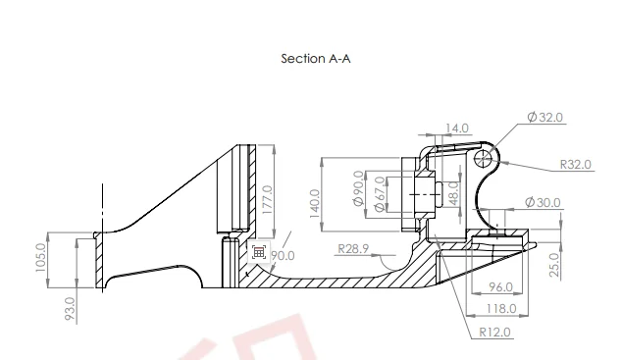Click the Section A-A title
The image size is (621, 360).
316,59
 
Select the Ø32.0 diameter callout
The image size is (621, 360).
544,118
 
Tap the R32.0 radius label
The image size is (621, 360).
576,165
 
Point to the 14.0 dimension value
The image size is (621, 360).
457,129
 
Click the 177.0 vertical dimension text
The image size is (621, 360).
268,200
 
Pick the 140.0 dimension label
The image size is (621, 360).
314,204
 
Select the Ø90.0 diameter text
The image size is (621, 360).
358,188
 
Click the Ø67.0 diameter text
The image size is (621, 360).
379,194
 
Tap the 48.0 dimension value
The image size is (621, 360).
454,193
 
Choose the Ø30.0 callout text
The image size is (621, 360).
543,202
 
